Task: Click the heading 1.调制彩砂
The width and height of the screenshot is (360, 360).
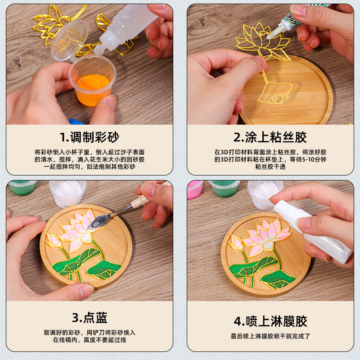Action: point(90,137)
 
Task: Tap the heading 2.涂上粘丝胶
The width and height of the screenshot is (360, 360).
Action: point(270,137)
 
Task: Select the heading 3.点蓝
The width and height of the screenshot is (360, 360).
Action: point(90,318)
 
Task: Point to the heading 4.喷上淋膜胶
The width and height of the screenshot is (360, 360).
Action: point(270,321)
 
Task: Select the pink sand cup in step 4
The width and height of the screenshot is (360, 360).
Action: point(195,189)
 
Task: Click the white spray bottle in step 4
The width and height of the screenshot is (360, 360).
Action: point(310,229)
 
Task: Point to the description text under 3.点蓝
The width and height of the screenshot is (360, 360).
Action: point(90,336)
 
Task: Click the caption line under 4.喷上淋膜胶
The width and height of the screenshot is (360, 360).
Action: point(270,336)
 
